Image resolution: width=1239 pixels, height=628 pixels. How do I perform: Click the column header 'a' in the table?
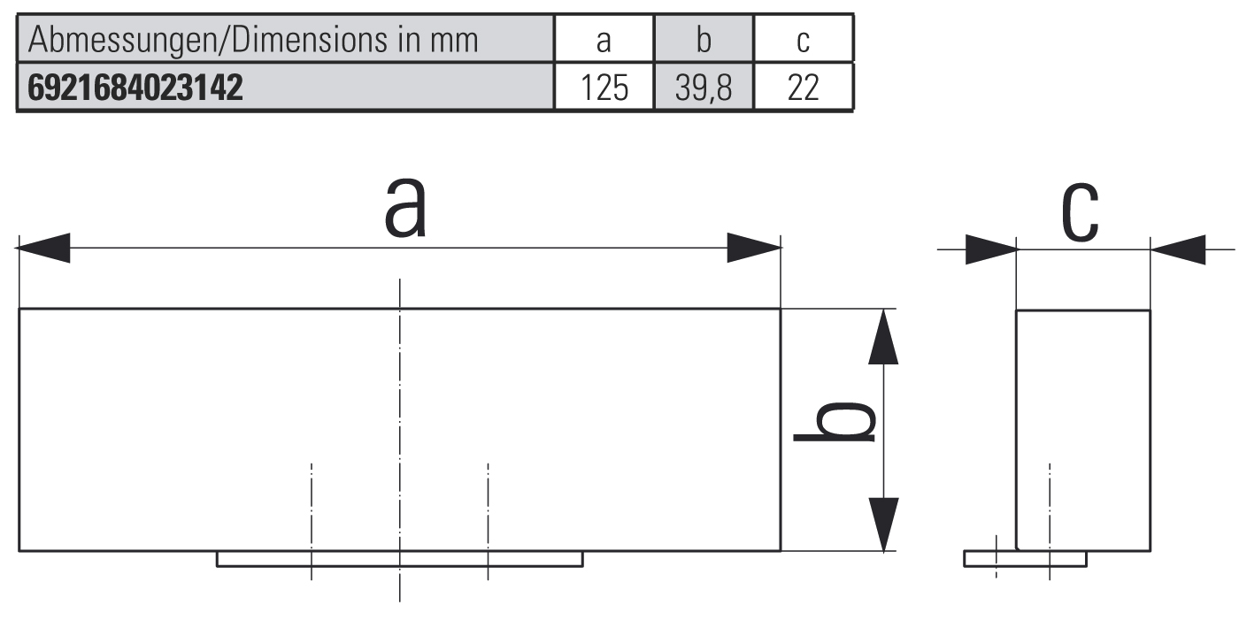[604, 40]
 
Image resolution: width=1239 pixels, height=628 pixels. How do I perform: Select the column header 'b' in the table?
[704, 40]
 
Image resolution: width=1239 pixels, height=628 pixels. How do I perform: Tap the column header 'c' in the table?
[804, 40]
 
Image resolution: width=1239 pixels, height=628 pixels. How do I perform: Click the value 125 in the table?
[604, 88]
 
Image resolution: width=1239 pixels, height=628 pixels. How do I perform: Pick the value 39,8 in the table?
[704, 88]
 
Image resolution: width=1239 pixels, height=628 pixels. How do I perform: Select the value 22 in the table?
[804, 88]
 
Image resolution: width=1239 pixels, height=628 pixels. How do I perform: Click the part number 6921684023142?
[136, 88]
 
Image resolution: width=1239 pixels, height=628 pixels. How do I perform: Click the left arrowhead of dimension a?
[43, 249]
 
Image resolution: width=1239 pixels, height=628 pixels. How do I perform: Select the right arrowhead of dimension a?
[754, 249]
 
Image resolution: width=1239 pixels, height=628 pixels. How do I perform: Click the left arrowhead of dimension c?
[991, 249]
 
